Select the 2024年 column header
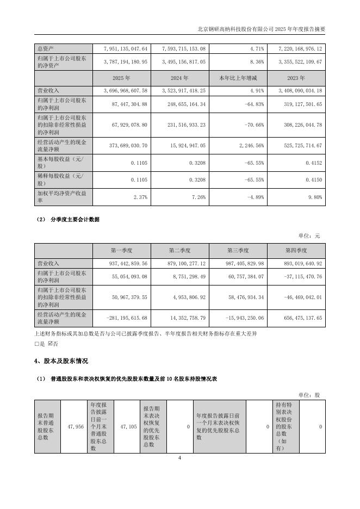pyautogui.click(x=180, y=78)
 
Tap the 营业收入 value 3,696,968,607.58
pyautogui.click(x=124, y=90)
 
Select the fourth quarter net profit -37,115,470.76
pyautogui.click(x=300, y=276)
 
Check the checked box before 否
pyautogui.click(x=51, y=344)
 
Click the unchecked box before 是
pyautogui.click(x=36, y=344)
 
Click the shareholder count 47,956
pyautogui.click(x=76, y=427)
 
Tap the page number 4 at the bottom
pyautogui.click(x=179, y=458)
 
